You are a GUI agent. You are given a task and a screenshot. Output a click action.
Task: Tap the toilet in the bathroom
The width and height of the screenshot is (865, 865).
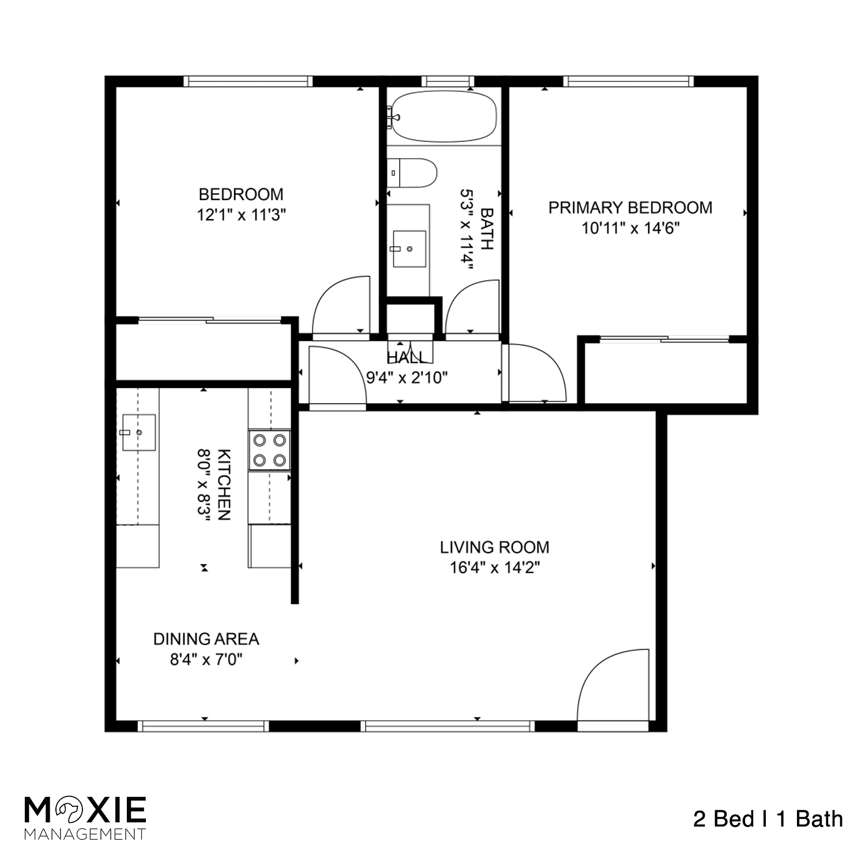coord(412,173)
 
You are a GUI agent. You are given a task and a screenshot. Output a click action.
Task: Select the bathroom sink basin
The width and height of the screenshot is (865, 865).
coord(409,249)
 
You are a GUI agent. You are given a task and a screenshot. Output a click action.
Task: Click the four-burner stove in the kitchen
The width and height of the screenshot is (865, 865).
coord(269,450)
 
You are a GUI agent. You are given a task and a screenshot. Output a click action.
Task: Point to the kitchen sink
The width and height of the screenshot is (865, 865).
coord(137,432)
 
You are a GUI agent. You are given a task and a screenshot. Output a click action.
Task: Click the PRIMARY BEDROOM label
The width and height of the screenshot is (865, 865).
coord(630,208)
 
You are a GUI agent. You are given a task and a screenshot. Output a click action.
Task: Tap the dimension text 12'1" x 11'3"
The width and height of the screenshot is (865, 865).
coord(241,215)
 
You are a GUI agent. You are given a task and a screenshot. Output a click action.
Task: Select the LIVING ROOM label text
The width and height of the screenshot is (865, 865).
coord(494,547)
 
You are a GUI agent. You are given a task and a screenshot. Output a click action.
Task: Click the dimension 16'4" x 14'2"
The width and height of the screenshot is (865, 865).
coord(494,568)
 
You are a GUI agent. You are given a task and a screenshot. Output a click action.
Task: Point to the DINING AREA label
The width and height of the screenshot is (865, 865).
coord(206,639)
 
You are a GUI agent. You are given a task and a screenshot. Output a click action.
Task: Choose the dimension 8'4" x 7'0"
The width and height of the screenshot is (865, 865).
coord(206,659)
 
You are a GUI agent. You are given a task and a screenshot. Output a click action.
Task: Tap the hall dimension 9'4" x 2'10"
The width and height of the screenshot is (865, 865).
coord(407,378)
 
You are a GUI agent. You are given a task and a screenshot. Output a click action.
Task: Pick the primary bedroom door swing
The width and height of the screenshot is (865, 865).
coord(533,372)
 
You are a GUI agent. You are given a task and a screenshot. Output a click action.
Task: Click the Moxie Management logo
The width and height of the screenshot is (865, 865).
coord(85,817)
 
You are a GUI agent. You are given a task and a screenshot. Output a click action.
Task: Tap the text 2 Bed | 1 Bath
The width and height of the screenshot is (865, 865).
coord(768,819)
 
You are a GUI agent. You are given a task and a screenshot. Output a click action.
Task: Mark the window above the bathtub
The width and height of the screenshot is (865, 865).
coord(447,81)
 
